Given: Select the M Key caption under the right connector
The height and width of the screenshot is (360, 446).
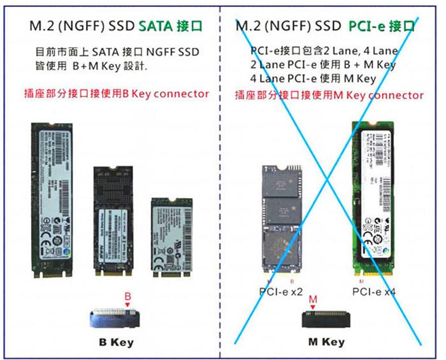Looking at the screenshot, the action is pyautogui.click(x=326, y=342).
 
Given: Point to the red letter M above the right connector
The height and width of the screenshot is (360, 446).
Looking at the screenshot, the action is pyautogui.click(x=312, y=299).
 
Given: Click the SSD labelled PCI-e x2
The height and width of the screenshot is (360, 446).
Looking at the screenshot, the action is pyautogui.click(x=282, y=219).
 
